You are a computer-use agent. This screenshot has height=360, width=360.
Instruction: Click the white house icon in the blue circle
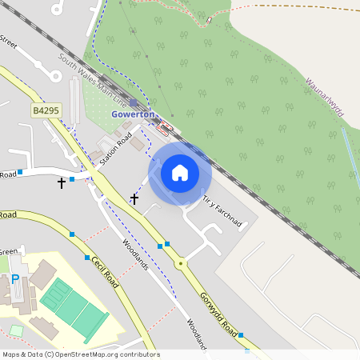pyautogui.click(x=180, y=173)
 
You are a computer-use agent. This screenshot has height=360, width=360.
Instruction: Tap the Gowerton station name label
pyautogui.click(x=132, y=115)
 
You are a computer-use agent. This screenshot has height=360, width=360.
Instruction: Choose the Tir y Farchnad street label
pyautogui.click(x=222, y=210)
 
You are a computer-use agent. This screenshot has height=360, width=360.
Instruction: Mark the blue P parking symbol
pyautogui.click(x=15, y=281)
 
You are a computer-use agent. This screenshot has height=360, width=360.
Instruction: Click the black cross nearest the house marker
pyautogui.click(x=134, y=198)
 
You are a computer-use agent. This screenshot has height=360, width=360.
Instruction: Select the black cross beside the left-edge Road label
pyautogui.click(x=62, y=183)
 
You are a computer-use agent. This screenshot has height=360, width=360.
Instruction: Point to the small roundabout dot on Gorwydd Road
pyautogui.click(x=181, y=262)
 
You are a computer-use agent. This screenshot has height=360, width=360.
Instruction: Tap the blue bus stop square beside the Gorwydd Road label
pyautogui.click(x=240, y=335)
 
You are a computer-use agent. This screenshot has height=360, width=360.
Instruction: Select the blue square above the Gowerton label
pyautogui.click(x=133, y=103)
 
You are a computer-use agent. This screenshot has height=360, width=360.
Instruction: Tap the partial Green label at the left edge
pyautogui.click(x=8, y=251)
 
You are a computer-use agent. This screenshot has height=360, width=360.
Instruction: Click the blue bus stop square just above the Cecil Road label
pyautogui.click(x=87, y=258)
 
